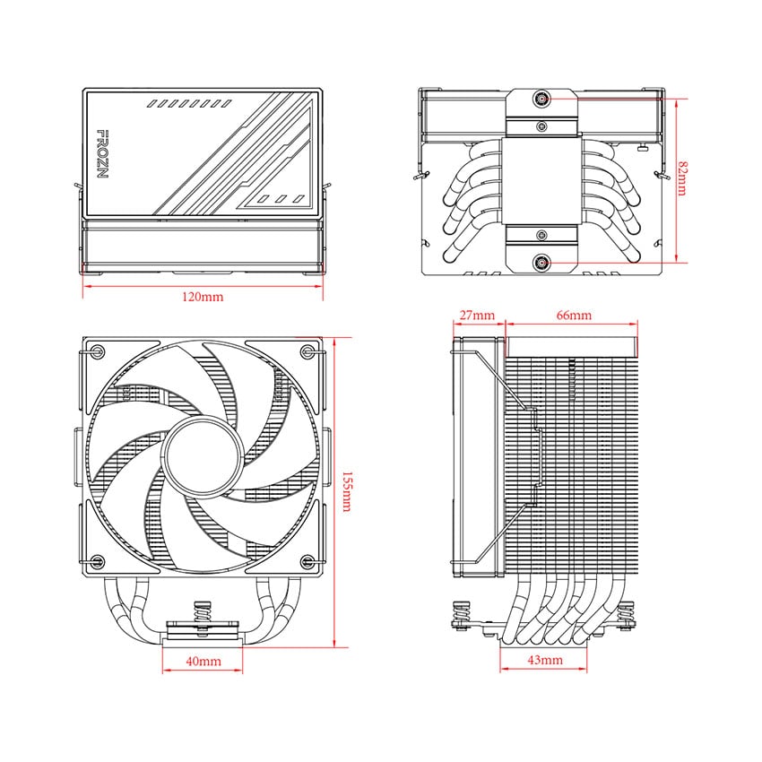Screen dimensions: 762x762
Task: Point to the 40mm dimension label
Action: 203,662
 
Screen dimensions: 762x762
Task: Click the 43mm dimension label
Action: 545,661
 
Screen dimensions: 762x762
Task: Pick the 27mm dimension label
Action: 477,316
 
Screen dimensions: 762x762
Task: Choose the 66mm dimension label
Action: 574,316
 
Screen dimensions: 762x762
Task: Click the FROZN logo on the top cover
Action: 101,153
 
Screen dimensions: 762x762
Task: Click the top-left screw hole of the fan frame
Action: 99,350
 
